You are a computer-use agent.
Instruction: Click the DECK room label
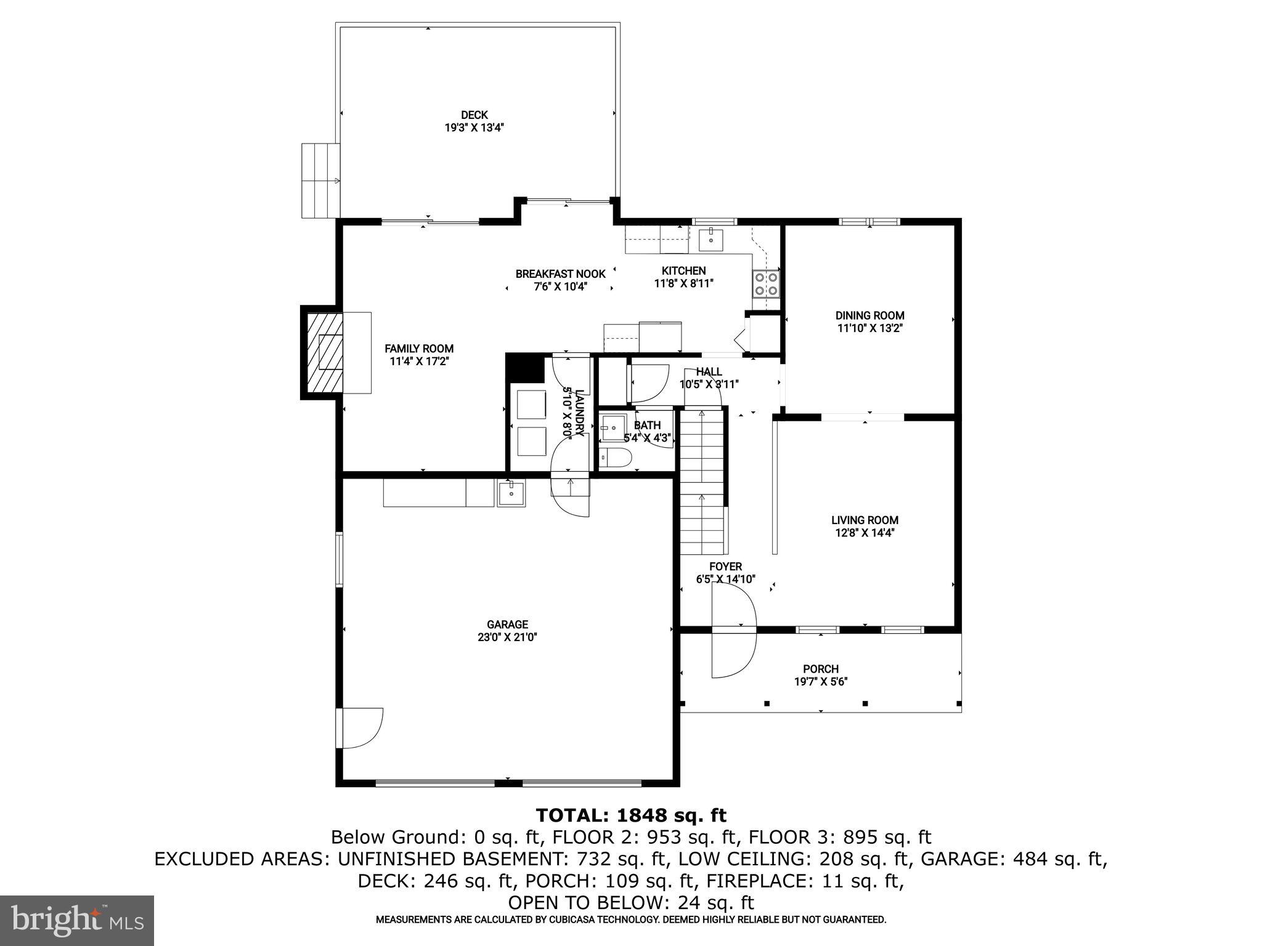tap(474, 115)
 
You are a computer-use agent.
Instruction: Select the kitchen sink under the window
tap(710, 239)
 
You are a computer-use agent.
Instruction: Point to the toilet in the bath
tap(617, 458)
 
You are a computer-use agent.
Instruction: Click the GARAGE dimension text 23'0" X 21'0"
tap(507, 637)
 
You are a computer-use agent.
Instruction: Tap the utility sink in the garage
tap(511, 494)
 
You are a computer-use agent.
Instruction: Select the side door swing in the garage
tap(362, 728)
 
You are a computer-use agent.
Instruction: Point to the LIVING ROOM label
tap(865, 520)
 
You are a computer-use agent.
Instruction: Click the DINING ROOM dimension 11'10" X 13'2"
tap(869, 328)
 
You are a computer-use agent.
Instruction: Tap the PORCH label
tap(820, 669)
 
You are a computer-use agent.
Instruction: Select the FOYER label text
tap(725, 567)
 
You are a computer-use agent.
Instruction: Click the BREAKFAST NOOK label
tap(560, 274)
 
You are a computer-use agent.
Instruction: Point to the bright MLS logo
tap(77, 920)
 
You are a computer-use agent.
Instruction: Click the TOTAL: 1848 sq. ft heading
tap(631, 815)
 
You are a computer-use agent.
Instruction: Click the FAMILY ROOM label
tap(419, 349)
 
